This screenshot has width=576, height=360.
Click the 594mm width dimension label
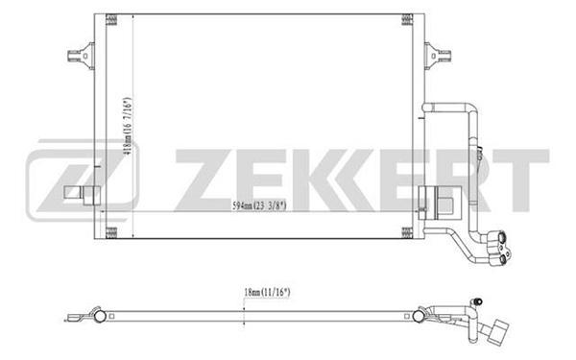[259, 206]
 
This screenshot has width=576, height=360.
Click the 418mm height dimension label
[128, 127]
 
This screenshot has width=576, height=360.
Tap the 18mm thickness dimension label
[268, 293]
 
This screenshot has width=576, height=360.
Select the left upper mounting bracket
[82, 57]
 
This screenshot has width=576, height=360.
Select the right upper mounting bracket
[438, 57]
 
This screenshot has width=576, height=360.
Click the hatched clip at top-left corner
[111, 19]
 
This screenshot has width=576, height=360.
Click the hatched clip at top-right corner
[407, 19]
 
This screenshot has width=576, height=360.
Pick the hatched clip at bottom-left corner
[111, 233]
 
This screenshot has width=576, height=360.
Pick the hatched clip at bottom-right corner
[407, 233]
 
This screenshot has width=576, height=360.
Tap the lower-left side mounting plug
[83, 195]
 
